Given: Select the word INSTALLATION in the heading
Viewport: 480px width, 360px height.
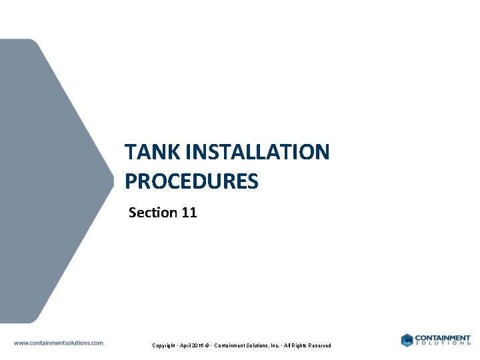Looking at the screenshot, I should point(258,152).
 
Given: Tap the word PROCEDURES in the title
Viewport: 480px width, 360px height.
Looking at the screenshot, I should point(191,181).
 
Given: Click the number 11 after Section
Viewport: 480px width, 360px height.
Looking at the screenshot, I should point(189,213).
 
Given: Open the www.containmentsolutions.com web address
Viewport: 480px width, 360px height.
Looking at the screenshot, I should point(59,343).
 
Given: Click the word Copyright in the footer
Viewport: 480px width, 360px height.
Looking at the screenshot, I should point(164,345).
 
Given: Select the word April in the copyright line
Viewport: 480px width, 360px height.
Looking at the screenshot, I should point(186,345).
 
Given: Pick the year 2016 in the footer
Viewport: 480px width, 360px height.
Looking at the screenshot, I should point(201,345).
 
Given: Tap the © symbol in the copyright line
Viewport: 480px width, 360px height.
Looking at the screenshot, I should point(212,345).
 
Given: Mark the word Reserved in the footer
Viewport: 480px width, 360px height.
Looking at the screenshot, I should point(331,345).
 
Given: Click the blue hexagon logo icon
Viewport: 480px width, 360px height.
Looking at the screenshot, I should point(407,340).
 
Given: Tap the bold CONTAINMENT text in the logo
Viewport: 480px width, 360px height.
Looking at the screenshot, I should point(443,338).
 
